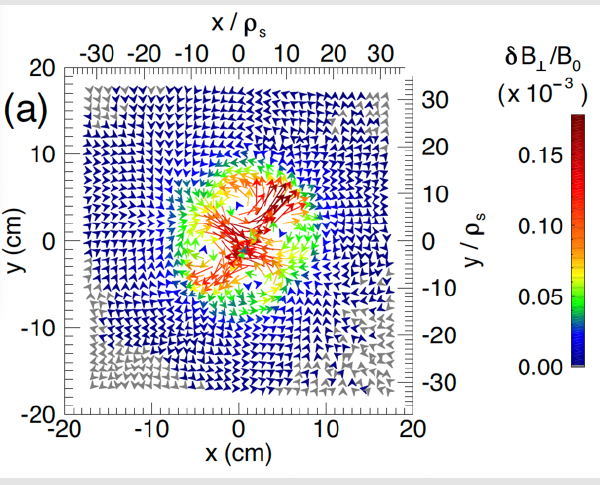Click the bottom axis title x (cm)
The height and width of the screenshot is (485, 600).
(239, 452)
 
